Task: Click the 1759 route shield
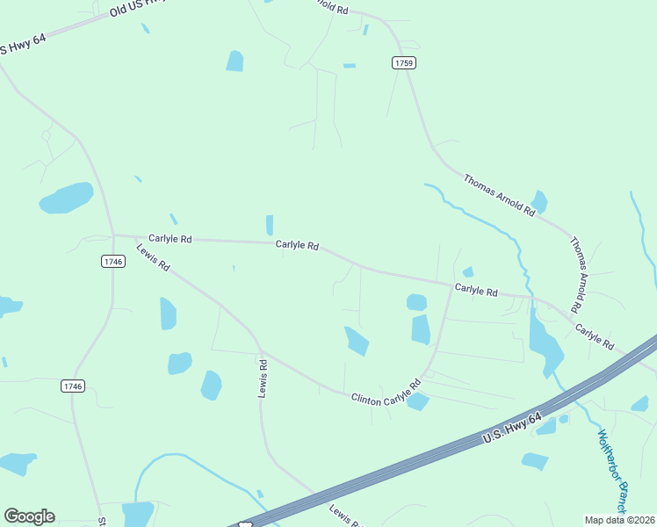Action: (403, 62)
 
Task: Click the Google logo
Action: (29, 516)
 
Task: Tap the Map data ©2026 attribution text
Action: (618, 519)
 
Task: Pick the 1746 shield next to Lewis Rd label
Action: (112, 261)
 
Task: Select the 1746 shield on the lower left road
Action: (73, 386)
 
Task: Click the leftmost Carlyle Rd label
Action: (170, 238)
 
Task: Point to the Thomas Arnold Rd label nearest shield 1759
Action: (499, 194)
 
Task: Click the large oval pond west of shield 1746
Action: (66, 198)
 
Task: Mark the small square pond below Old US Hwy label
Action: (235, 61)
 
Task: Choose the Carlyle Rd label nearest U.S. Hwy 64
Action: (595, 336)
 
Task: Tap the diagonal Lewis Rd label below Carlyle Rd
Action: (153, 257)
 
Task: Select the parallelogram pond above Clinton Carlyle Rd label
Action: (357, 341)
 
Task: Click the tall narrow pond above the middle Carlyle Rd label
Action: (269, 225)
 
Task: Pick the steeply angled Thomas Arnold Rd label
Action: (575, 275)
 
